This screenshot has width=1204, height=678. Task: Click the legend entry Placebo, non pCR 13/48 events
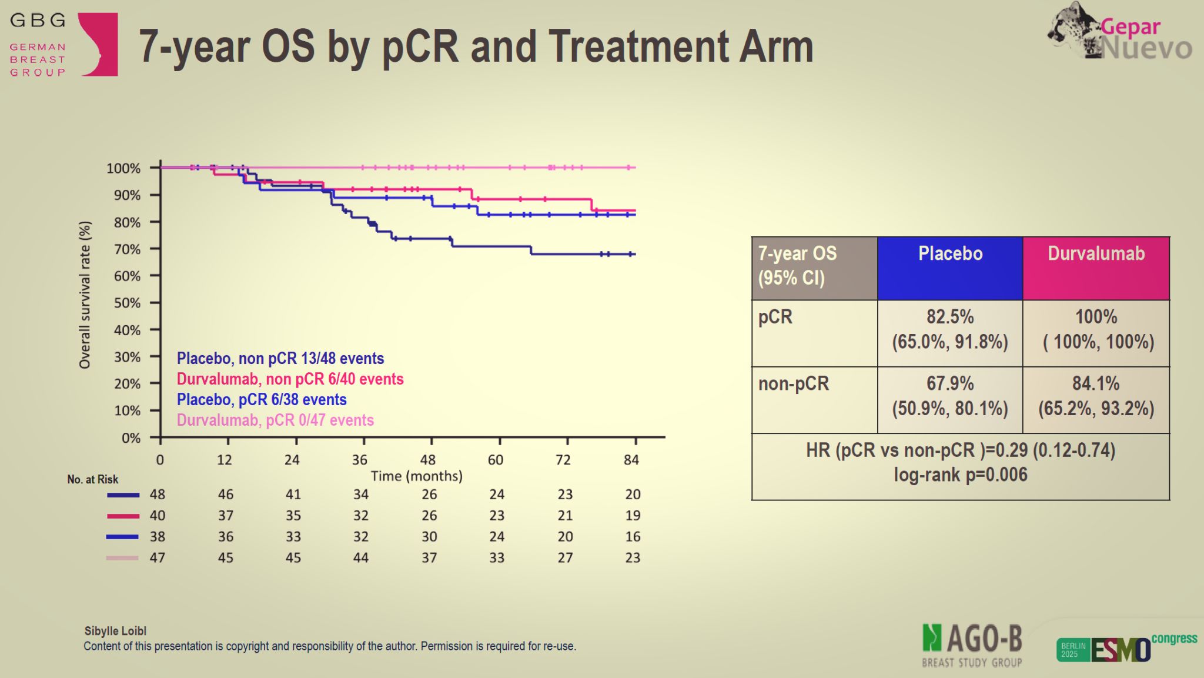click(x=280, y=359)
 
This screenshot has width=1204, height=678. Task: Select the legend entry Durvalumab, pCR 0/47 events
click(x=275, y=420)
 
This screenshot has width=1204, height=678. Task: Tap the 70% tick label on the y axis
click(x=128, y=249)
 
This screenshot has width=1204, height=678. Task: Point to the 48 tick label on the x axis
click(x=428, y=460)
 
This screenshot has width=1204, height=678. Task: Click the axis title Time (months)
click(x=416, y=476)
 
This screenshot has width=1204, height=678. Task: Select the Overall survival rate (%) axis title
click(x=85, y=295)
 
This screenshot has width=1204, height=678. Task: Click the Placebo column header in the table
click(x=950, y=254)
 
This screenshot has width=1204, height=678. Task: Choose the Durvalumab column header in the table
click(x=1096, y=254)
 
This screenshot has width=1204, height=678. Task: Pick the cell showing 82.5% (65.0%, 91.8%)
click(x=950, y=329)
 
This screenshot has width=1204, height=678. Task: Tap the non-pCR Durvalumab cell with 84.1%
click(x=1096, y=396)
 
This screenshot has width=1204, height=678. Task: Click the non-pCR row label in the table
click(x=793, y=384)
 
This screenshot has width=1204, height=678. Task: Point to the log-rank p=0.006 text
click(x=961, y=475)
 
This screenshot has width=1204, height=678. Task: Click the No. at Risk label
click(x=92, y=479)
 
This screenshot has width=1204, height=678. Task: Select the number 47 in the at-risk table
click(x=157, y=557)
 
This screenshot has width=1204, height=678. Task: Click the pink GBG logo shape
click(x=100, y=45)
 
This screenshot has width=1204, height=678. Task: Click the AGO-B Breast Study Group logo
click(x=972, y=646)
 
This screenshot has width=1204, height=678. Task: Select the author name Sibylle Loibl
click(x=115, y=631)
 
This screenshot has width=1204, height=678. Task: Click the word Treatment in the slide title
click(x=637, y=47)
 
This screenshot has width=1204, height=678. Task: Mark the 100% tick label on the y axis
click(x=123, y=169)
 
